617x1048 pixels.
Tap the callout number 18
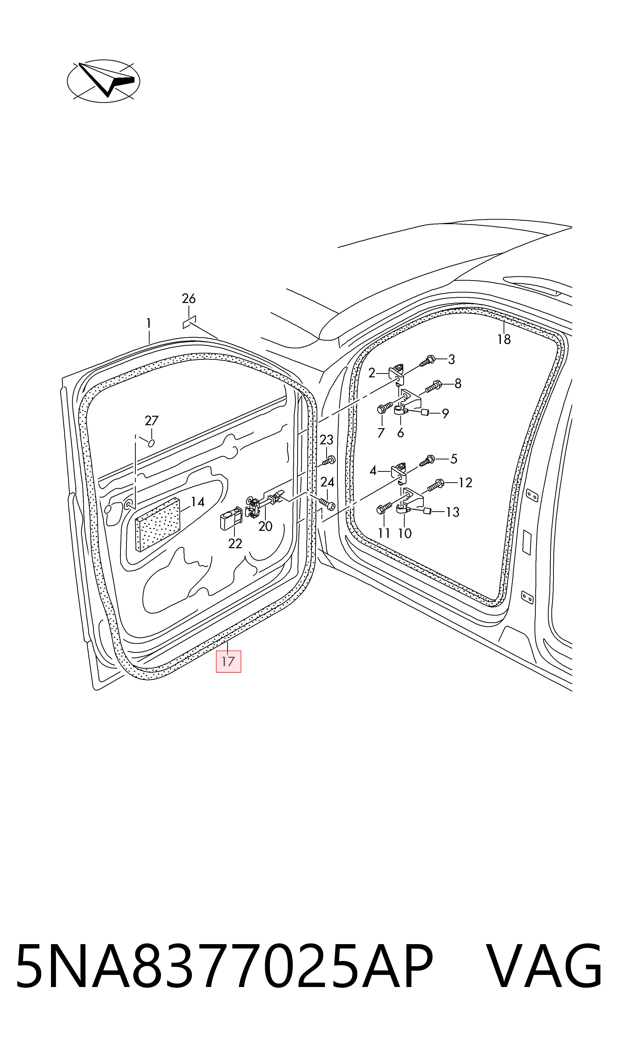pyautogui.click(x=504, y=339)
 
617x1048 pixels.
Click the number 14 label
pyautogui.click(x=197, y=502)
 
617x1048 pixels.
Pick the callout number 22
pyautogui.click(x=235, y=543)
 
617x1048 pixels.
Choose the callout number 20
pyautogui.click(x=265, y=526)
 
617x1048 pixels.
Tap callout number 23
pyautogui.click(x=326, y=440)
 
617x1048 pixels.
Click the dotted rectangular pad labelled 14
pyautogui.click(x=158, y=524)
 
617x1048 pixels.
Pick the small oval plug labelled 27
pyautogui.click(x=151, y=443)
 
